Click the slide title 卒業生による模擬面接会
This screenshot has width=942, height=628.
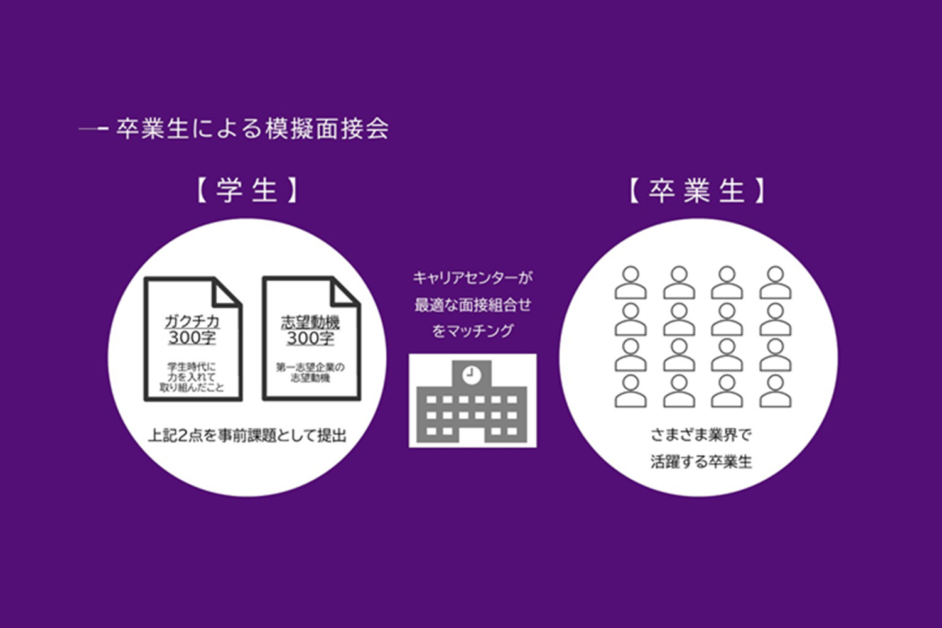click(252, 129)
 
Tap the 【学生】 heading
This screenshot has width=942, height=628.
click(247, 190)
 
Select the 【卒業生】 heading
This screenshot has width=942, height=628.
click(697, 190)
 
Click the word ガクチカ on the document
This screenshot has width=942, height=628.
click(192, 322)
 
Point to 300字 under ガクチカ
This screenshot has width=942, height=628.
click(192, 338)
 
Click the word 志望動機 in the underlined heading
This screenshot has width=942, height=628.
click(310, 323)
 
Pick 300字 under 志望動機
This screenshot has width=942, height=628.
click(310, 338)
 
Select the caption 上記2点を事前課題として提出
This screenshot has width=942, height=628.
click(247, 436)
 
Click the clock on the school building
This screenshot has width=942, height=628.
click(472, 374)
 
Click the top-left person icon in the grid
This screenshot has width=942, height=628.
click(631, 283)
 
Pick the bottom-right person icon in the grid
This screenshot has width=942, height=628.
click(776, 391)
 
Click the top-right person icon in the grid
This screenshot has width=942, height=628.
click(776, 283)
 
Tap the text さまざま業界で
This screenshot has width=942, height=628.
click(701, 435)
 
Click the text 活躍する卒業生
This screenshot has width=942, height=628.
click(701, 462)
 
